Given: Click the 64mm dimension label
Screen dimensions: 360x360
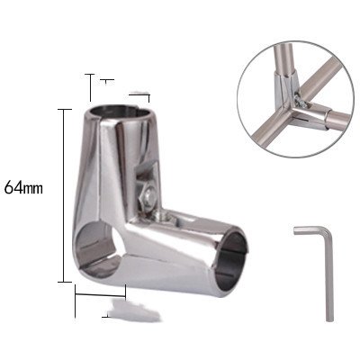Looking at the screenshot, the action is tap(23, 188).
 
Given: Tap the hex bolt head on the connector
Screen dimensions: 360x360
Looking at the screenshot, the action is tap(148, 196).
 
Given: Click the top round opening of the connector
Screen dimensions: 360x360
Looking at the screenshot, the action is tap(121, 112).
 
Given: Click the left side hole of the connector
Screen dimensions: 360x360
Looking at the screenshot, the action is tap(100, 250).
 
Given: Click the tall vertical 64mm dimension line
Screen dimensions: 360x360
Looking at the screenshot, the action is tap(63, 195).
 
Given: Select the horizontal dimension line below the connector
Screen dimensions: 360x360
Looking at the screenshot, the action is tap(100, 295).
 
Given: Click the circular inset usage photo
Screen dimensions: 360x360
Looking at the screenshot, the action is tap(295, 99).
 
